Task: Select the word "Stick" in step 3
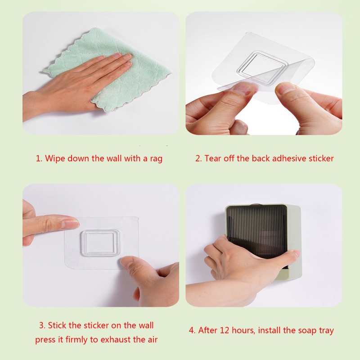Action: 58,325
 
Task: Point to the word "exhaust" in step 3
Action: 122,339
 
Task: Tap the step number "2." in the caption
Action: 198,158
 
